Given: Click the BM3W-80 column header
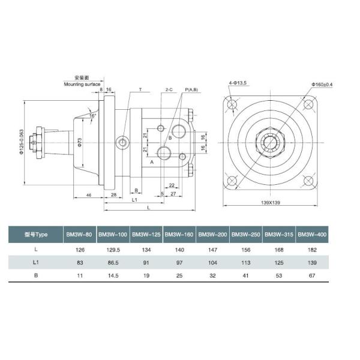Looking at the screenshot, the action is pos(79,235).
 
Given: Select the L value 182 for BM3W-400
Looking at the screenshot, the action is pos(312,250).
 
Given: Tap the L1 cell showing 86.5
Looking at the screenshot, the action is pos(113,263).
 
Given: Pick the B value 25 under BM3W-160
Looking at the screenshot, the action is pos(179,275).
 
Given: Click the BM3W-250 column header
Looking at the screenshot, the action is pos(245,235).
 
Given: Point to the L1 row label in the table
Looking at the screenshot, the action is pos(36,262).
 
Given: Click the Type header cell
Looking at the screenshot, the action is pos(36,235).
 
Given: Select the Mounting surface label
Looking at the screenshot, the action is pos(82,84).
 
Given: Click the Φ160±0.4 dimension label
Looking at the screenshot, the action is pos(322,84).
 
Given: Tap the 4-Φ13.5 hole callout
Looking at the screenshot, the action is pos(238,83).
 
